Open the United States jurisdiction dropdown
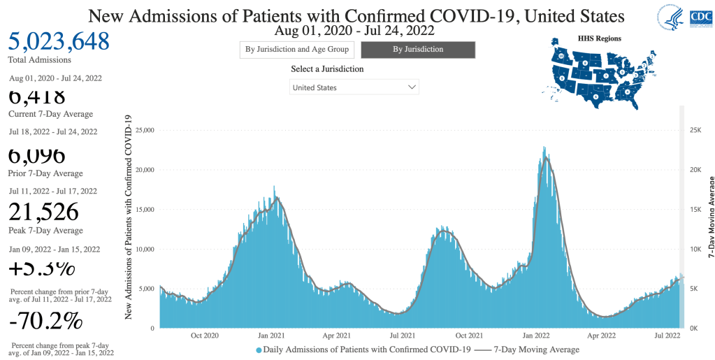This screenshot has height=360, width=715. click(x=354, y=87)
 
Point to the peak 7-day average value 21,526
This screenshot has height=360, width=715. click(x=43, y=212)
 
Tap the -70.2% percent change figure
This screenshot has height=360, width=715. click(x=46, y=322)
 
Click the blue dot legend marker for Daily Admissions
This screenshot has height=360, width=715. click(x=259, y=350)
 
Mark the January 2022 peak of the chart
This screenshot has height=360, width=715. click(x=544, y=147)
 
